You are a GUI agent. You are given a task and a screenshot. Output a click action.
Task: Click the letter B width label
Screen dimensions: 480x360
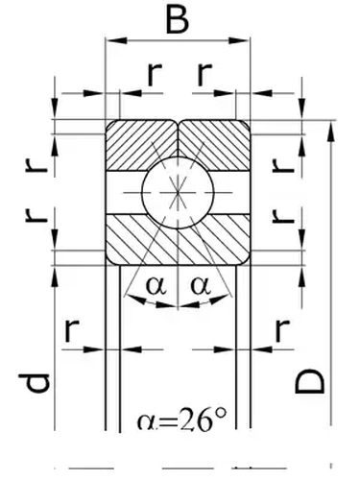click(x=175, y=19)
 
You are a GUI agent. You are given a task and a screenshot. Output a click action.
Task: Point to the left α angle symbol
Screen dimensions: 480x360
click(x=155, y=285)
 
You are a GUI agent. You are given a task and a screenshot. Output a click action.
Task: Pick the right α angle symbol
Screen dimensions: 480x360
click(x=201, y=285)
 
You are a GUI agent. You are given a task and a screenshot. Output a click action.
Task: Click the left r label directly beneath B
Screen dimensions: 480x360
click(x=153, y=73)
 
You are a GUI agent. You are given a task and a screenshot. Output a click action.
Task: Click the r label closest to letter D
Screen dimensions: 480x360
click(x=281, y=331)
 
